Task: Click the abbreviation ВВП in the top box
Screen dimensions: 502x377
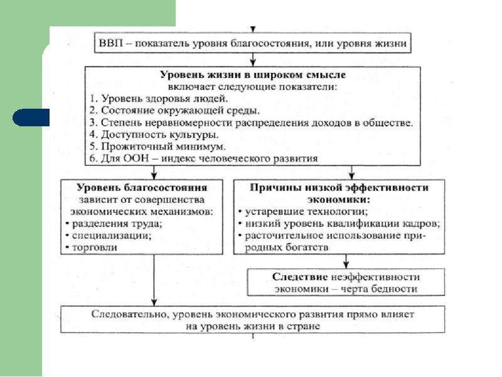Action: point(111,43)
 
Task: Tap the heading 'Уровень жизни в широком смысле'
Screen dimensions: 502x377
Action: point(253,75)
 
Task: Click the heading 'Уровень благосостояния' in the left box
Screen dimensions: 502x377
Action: point(142,187)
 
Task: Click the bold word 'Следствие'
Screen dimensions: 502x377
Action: point(300,277)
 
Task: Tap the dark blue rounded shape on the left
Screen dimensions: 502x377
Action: point(31,117)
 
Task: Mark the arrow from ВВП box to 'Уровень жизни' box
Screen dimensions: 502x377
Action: point(253,60)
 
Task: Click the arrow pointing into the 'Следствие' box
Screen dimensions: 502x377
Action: point(346,261)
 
